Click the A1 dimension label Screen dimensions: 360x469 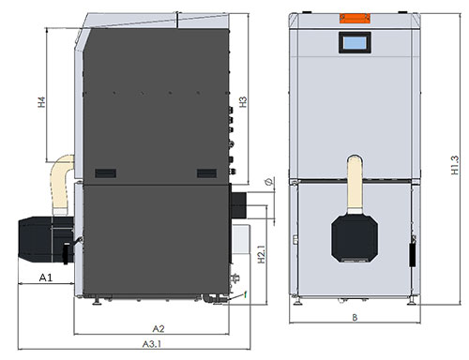(x=45, y=278)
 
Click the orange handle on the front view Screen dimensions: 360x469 (x=355, y=19)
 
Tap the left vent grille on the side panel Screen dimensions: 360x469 (x=105, y=172)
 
